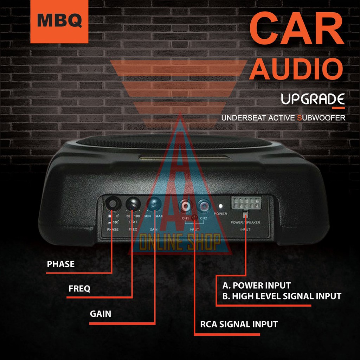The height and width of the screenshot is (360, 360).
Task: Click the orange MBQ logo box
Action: click(59, 21)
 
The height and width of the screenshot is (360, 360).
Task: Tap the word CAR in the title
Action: click(296, 28)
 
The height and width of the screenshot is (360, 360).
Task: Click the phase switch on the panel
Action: click(113, 203)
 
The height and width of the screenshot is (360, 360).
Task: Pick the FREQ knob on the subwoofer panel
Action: click(133, 203)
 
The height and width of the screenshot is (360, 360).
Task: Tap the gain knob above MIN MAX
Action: click(154, 203)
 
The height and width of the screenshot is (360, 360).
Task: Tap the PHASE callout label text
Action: click(61, 264)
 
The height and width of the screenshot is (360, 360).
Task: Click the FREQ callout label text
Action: click(79, 289)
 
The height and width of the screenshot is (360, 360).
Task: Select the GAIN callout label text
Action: click(101, 314)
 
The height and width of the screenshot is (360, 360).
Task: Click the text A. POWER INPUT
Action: click(257, 285)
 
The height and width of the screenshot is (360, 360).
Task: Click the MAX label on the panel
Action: click(159, 217)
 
